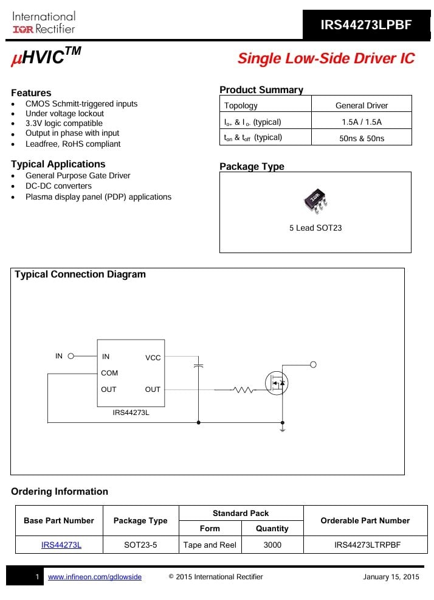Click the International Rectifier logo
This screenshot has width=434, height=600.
[x=44, y=23]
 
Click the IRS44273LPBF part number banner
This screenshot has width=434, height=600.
[x=367, y=25]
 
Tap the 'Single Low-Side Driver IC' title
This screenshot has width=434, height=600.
[x=326, y=58]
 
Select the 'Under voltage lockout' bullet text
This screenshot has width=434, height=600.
[x=64, y=114]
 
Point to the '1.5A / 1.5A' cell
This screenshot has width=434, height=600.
[x=361, y=122]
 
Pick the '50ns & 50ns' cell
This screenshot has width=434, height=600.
[x=361, y=138]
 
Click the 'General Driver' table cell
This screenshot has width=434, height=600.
[x=361, y=105]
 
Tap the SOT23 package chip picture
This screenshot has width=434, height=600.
[x=315, y=201]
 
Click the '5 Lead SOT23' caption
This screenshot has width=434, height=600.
[x=315, y=228]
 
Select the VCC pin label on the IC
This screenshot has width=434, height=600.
[x=153, y=358]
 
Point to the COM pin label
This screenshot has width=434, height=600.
[x=109, y=373]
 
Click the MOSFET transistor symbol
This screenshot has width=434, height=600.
[x=277, y=383]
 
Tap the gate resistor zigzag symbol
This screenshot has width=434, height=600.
[x=243, y=389]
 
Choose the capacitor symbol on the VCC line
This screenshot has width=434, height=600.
[x=198, y=366]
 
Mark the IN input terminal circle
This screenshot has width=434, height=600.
[x=71, y=357]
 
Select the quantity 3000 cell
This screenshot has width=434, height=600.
[x=272, y=545]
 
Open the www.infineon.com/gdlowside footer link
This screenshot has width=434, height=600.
[x=95, y=577]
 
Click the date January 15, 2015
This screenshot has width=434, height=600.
[x=391, y=577]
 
